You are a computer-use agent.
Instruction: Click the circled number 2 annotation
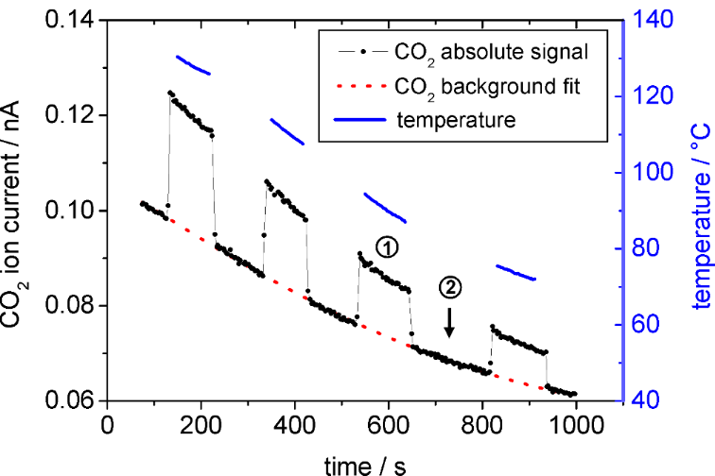pyautogui.click(x=451, y=286)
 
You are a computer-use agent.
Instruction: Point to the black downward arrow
pyautogui.click(x=450, y=323)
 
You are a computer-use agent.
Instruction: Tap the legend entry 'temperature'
pyautogui.click(x=455, y=120)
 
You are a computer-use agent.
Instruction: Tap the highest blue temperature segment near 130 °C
pyautogui.click(x=194, y=65)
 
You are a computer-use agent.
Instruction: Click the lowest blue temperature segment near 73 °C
pyautogui.click(x=516, y=273)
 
